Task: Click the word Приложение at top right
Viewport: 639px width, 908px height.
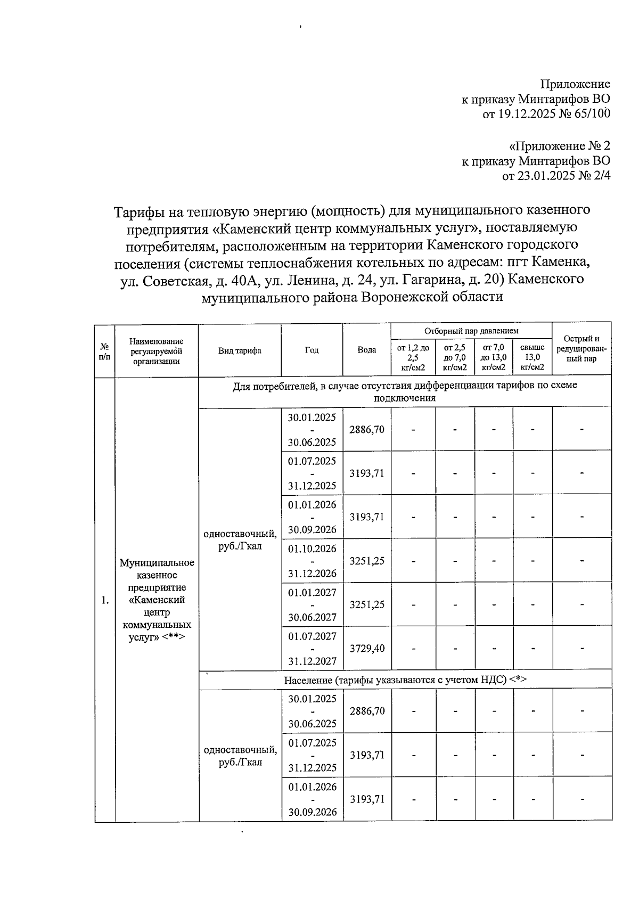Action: click(x=575, y=84)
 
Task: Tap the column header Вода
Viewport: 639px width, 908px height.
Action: click(x=366, y=350)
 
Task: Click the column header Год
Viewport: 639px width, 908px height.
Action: click(x=312, y=350)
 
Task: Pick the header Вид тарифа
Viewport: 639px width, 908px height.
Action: click(x=240, y=350)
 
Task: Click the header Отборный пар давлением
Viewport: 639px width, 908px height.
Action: click(x=471, y=331)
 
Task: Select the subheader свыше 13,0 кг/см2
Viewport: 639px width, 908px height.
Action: click(x=532, y=357)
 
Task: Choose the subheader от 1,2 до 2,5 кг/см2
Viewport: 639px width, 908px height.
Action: click(x=413, y=357)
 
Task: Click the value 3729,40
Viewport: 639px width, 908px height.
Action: click(x=366, y=648)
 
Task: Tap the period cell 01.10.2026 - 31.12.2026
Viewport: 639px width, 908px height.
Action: click(x=312, y=561)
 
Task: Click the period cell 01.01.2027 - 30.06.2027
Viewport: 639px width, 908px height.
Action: click(x=312, y=604)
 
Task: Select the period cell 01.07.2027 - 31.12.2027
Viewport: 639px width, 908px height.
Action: click(x=312, y=648)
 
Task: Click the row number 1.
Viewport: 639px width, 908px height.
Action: click(x=105, y=600)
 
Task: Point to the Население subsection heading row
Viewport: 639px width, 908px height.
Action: click(x=405, y=680)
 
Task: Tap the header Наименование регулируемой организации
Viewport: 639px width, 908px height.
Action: click(x=156, y=351)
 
